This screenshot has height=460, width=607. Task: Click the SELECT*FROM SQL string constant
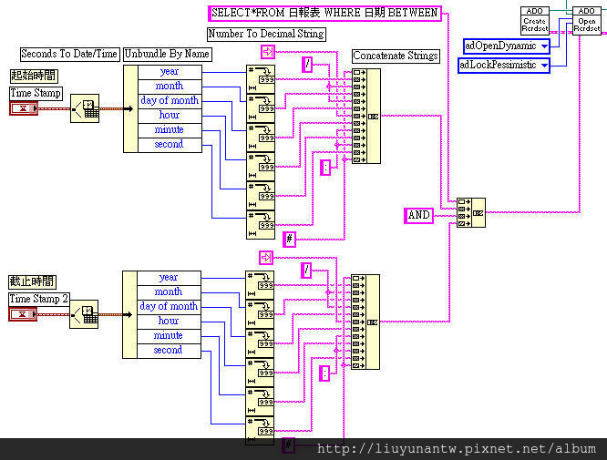pos(324,13)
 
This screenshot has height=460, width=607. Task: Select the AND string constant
pos(418,215)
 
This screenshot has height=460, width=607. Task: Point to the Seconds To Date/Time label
pos(69,54)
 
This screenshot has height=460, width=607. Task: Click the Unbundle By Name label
pos(167,54)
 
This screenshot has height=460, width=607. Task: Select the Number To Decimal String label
pos(266,34)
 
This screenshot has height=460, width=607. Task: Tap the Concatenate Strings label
pos(396,56)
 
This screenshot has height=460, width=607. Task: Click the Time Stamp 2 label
pos(39,299)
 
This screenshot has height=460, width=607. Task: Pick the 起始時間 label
pos(33,76)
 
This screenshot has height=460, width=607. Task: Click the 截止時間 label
pos(33,281)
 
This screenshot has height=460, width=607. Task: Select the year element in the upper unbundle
pos(169,71)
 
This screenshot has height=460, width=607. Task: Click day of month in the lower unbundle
pos(169,306)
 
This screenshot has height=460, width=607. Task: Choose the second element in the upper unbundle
pos(169,144)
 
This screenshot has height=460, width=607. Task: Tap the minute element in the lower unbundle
pos(169,335)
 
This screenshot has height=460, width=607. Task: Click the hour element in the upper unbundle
pos(169,115)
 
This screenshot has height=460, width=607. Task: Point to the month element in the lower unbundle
pos(169,291)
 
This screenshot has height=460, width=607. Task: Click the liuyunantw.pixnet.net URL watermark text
pos(455,449)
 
